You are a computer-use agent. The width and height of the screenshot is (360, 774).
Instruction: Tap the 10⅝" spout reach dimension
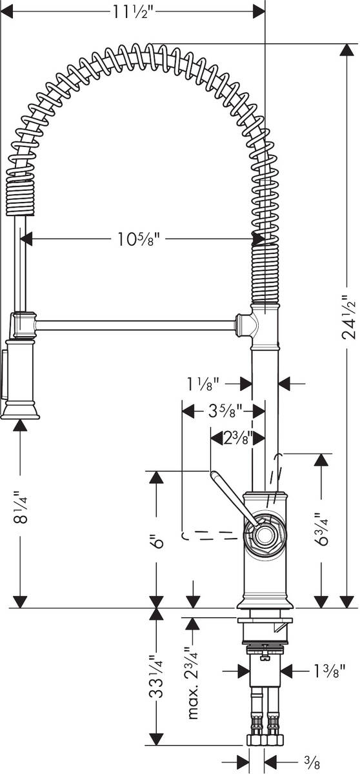[x=138, y=240]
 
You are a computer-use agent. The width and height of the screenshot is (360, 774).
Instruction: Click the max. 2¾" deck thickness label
[x=192, y=682]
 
